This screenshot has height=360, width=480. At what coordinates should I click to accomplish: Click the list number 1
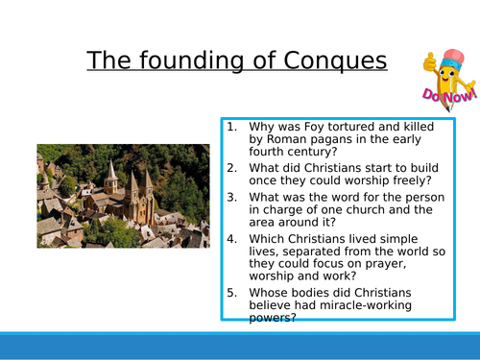pyautogui.click(x=231, y=126)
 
